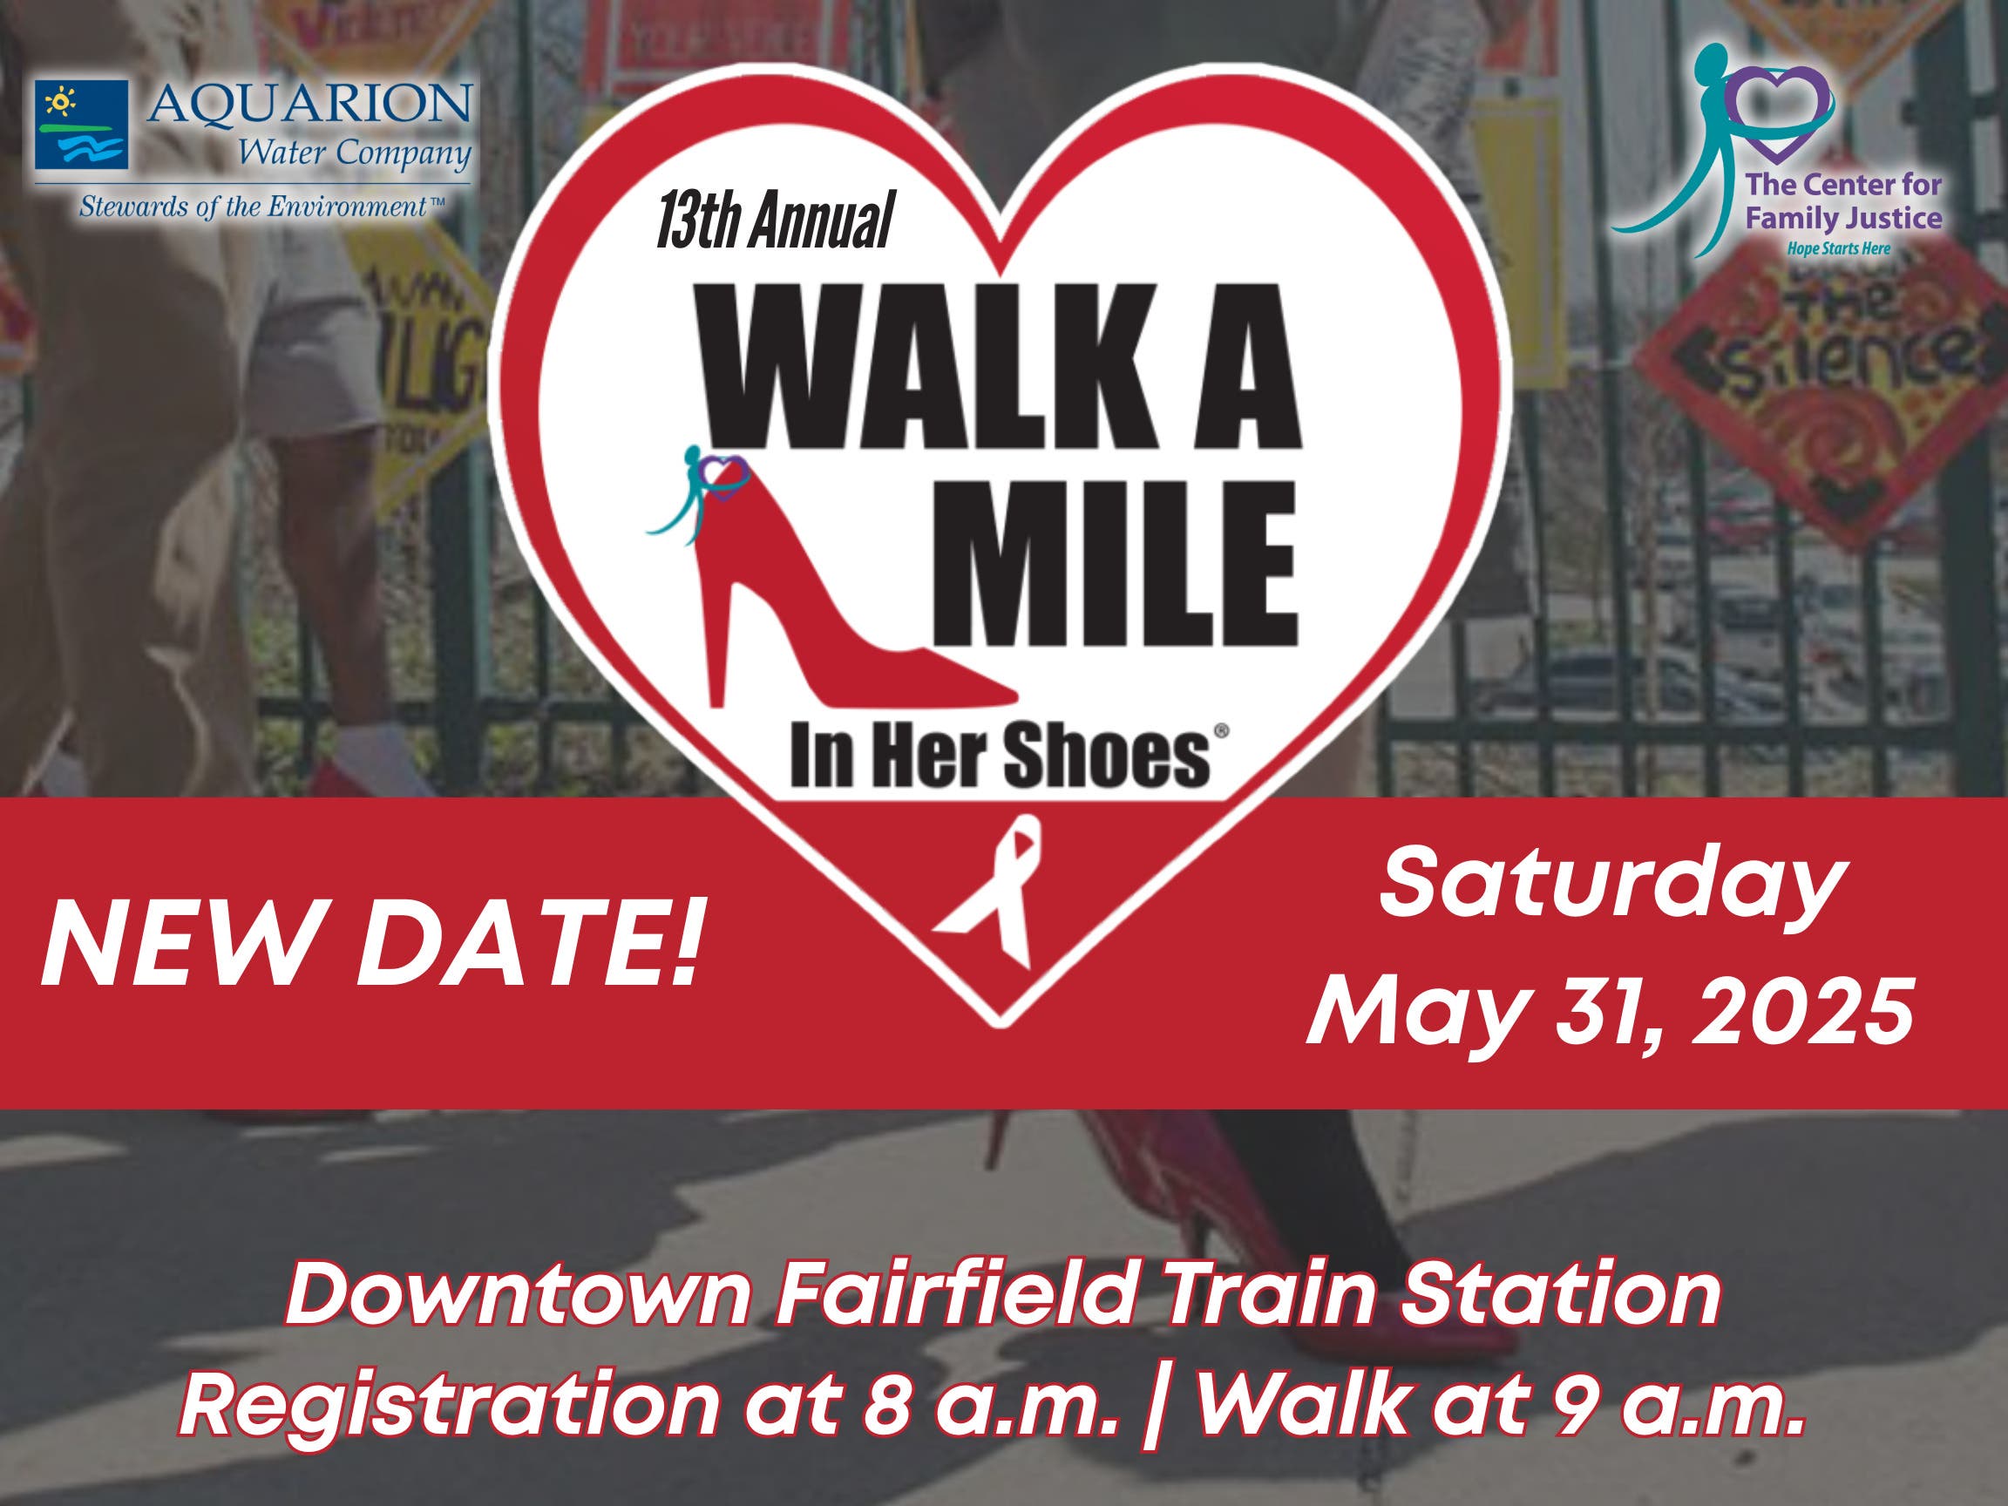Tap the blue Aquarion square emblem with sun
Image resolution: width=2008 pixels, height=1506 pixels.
(x=82, y=125)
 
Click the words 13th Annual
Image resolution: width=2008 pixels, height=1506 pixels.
(x=774, y=220)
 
